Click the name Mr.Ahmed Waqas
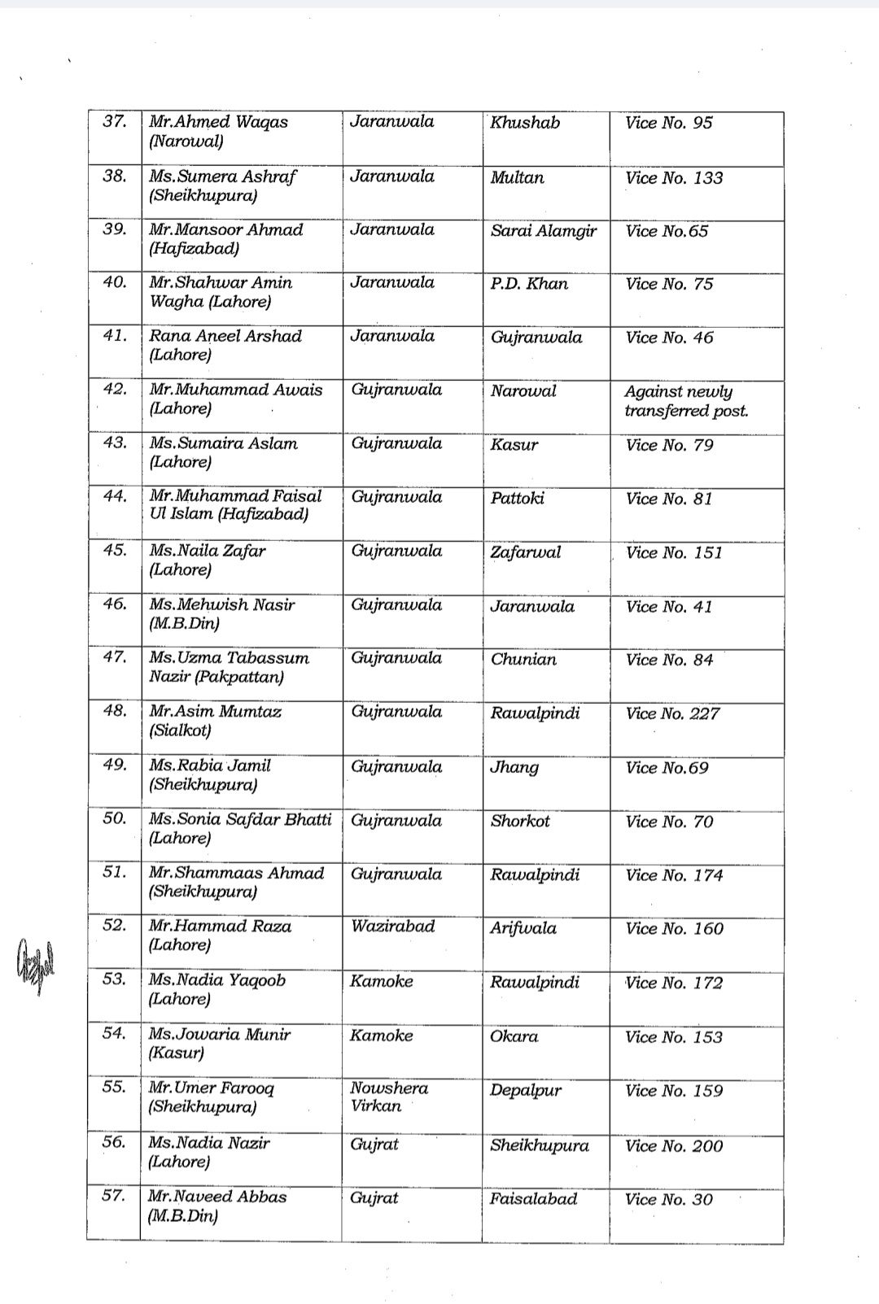(218, 122)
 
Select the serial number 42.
(116, 389)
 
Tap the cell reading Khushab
(525, 123)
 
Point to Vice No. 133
(674, 177)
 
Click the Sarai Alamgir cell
(543, 231)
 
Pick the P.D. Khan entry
(529, 284)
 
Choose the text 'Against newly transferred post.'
(685, 401)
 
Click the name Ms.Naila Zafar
(208, 551)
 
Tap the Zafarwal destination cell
(525, 552)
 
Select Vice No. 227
(672, 713)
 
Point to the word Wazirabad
(392, 926)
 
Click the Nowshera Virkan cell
(388, 1097)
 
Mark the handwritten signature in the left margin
(34, 964)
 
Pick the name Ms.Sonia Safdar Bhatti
(240, 819)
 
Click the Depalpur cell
(525, 1091)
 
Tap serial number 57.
(114, 1196)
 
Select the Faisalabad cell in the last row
(533, 1199)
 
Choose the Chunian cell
(523, 660)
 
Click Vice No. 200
(674, 1145)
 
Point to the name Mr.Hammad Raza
(220, 926)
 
